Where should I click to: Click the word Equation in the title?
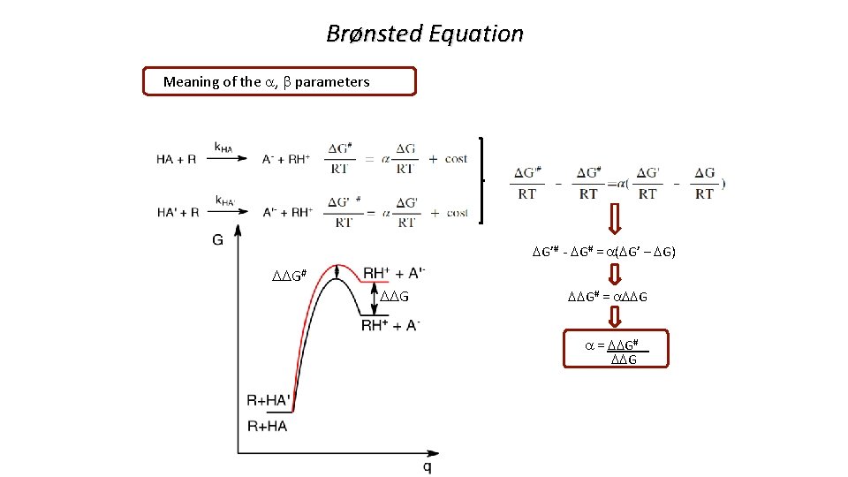coord(477,34)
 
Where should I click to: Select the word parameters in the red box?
coord(332,82)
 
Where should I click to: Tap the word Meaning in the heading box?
coord(192,82)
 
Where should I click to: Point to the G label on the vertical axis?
coord(218,239)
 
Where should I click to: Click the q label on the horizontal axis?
coord(427,465)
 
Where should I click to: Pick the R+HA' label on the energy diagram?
coord(269,401)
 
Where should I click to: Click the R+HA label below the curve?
coord(267,427)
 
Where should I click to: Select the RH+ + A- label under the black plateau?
coord(390,325)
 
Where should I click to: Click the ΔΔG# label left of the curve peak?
coord(289,276)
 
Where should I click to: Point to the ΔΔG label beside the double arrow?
coord(394,295)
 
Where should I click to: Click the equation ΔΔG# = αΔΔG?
coord(607,297)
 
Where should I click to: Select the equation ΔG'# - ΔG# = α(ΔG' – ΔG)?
coord(604,252)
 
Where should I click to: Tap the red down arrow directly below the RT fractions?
coord(616,218)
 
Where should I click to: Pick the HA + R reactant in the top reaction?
coord(176,159)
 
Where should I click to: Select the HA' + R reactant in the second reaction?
coord(178,213)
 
